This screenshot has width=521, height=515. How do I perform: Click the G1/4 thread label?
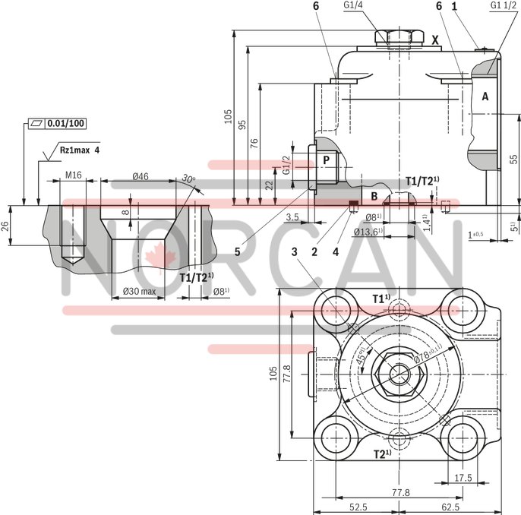tap(354, 6)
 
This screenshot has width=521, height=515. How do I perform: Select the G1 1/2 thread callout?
tap(504, 6)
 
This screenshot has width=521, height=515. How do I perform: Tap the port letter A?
tap(485, 96)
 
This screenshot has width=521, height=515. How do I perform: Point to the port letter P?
tap(326, 160)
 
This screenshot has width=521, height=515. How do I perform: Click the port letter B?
tap(374, 195)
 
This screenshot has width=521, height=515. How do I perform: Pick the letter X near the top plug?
tap(435, 39)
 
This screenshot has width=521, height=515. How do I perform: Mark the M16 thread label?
tap(73, 176)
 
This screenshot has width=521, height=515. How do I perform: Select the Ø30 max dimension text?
tap(138, 291)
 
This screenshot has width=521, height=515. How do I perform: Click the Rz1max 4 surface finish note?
tap(80, 150)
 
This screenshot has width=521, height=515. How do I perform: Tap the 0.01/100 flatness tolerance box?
tap(58, 123)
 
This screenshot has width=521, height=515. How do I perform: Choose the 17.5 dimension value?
tap(463, 478)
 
